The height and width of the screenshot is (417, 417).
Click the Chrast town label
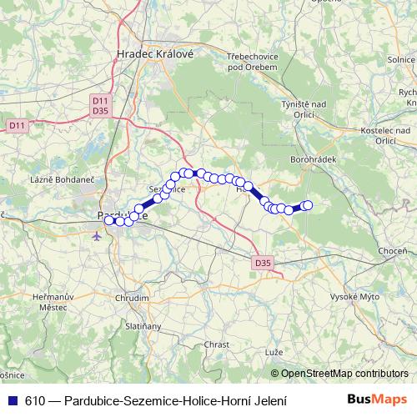tap(216, 344)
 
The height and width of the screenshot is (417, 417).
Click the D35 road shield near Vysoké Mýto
tap(262, 264)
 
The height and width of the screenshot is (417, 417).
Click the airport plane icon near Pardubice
tap(99, 235)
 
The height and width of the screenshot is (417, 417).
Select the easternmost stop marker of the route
tap(307, 205)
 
